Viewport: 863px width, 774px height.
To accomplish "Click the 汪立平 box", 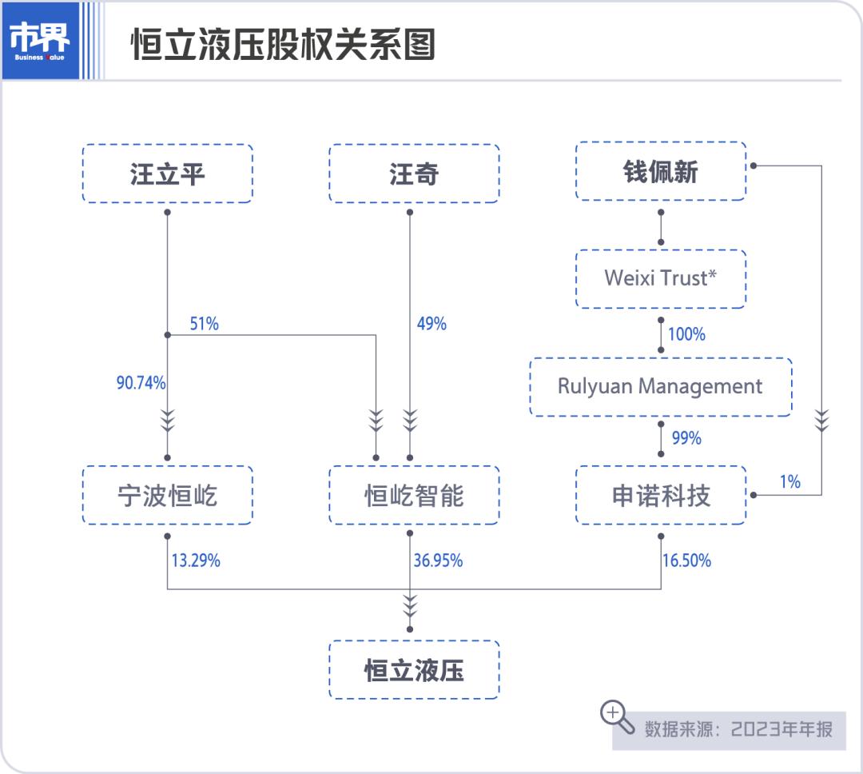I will click(x=168, y=174).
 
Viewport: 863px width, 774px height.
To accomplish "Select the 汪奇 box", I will click(x=414, y=174).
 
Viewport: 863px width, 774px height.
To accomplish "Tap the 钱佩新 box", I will click(x=661, y=171).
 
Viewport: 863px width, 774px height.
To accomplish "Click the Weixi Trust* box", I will click(x=661, y=278).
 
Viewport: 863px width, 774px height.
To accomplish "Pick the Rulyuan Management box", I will click(x=660, y=386).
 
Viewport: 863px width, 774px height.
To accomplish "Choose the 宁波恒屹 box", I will click(x=168, y=496).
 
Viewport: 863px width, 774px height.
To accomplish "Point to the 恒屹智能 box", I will click(x=414, y=496).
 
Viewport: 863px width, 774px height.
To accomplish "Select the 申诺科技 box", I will click(x=661, y=496).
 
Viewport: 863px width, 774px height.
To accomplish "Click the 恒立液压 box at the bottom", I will click(x=414, y=670).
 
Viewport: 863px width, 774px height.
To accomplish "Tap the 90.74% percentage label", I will click(x=141, y=383).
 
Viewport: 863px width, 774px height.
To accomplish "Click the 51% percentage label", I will click(x=204, y=324).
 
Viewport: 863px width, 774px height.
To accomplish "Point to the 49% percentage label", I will click(x=431, y=324).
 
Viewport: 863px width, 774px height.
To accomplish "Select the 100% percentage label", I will click(x=686, y=334).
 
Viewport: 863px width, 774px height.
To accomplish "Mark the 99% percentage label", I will click(x=686, y=438).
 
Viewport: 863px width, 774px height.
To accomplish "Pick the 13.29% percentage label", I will click(x=196, y=561).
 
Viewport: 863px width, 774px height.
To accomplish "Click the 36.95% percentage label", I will click(x=438, y=561).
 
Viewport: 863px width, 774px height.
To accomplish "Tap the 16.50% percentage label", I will click(x=686, y=561).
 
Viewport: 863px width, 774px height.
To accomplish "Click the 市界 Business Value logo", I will click(x=40, y=41).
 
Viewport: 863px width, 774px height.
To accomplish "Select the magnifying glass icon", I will click(x=617, y=716).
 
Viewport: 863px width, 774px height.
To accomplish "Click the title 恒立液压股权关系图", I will click(x=283, y=45).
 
